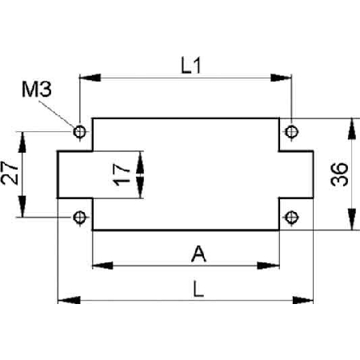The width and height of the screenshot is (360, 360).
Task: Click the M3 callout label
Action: click(x=37, y=89)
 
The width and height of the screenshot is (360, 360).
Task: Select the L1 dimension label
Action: click(x=190, y=66)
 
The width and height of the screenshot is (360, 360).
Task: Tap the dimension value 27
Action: click(x=10, y=173)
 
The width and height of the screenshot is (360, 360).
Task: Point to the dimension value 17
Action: click(x=122, y=174)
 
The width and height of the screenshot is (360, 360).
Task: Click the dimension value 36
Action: click(x=339, y=174)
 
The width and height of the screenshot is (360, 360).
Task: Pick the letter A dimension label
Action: click(x=198, y=254)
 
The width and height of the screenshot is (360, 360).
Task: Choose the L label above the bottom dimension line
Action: click(x=198, y=289)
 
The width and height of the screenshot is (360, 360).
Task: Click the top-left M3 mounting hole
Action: click(x=79, y=131)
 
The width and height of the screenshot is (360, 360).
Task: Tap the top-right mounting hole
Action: click(x=291, y=131)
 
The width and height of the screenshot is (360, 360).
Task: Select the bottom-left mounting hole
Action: click(x=79, y=218)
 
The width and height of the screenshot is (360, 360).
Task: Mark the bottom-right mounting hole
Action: click(x=291, y=218)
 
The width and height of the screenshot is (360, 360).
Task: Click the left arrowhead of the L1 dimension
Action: click(x=90, y=78)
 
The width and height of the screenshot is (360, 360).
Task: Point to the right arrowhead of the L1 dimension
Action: click(x=281, y=78)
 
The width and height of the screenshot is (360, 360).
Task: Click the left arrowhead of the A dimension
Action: click(x=102, y=266)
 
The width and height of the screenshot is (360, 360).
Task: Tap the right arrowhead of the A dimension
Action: click(x=268, y=266)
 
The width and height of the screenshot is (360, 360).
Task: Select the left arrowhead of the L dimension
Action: click(x=69, y=300)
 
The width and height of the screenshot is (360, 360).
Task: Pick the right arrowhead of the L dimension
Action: click(x=302, y=300)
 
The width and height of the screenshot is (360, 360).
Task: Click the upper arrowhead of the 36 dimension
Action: click(x=352, y=129)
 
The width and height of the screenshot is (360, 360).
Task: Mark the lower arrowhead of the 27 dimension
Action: click(x=22, y=206)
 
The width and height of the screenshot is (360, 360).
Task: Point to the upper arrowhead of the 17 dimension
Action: click(x=140, y=162)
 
